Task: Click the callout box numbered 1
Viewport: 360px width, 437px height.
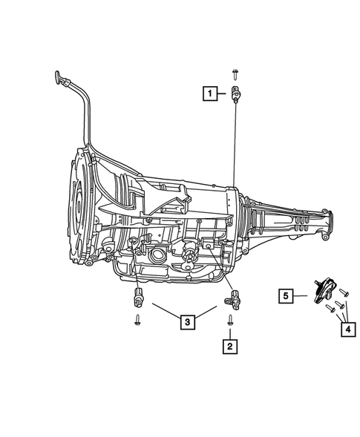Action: pos(212,93)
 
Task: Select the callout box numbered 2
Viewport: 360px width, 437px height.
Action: pos(230,345)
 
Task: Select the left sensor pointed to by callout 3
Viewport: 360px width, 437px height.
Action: pos(137,298)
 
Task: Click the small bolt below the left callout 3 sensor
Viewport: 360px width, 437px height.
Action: pos(138,320)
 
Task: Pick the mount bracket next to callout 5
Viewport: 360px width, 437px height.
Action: pos(319,292)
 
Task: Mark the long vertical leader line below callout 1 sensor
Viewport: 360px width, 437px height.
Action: pos(235,148)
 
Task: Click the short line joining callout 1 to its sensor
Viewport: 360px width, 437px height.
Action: pos(224,93)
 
